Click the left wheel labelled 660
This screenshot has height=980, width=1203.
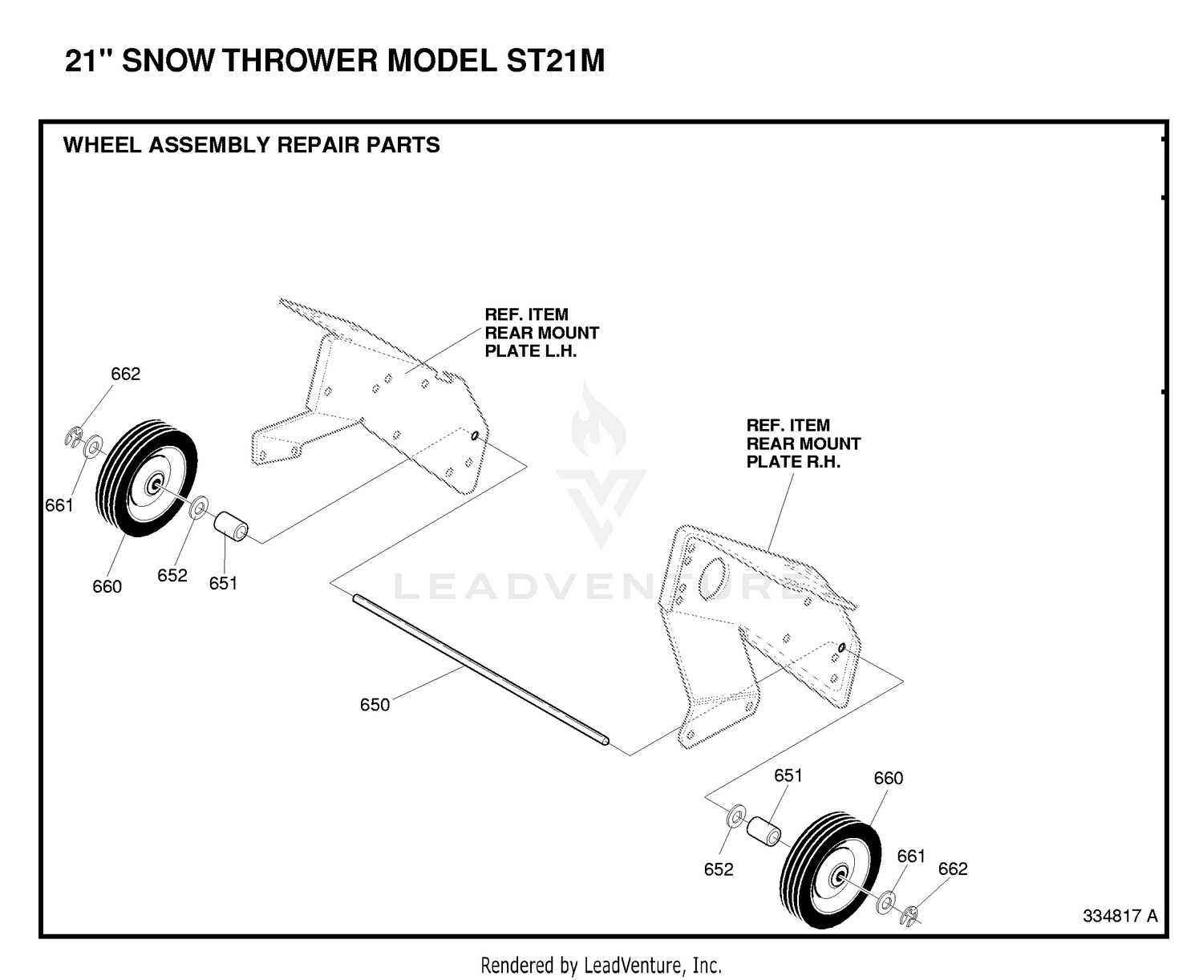(146, 478)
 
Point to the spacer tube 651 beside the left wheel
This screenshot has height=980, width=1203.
(230, 526)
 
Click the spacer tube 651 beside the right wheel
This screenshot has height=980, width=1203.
(764, 831)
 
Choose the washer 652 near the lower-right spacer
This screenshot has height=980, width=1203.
(736, 817)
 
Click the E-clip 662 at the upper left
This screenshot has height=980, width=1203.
(73, 438)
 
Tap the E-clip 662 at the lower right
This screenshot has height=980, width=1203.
(909, 916)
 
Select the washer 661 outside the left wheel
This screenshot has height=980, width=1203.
(93, 447)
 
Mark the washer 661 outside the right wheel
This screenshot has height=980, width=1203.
(885, 902)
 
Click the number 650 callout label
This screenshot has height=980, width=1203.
(375, 705)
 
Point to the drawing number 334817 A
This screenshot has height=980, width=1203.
(1120, 916)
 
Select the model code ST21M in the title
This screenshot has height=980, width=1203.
(555, 60)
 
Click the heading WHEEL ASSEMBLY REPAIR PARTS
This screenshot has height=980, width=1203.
(251, 145)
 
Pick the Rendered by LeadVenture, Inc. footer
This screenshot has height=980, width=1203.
(601, 965)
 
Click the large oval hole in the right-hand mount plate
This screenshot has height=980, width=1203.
(715, 579)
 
